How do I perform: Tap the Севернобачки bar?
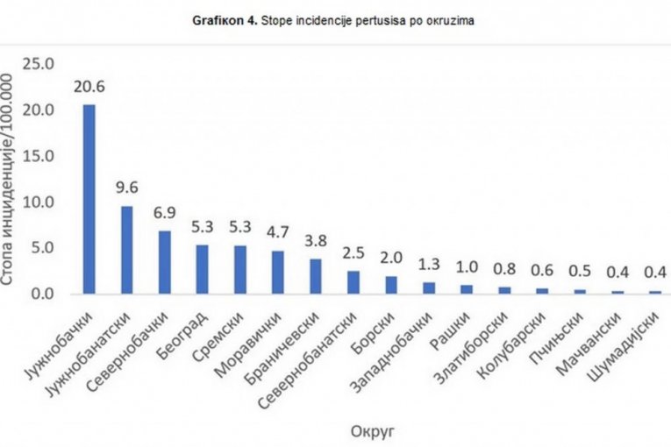[164, 262]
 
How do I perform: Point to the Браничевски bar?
[315, 276]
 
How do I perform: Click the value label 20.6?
[89, 88]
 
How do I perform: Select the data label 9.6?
[126, 188]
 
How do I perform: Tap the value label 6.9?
[164, 213]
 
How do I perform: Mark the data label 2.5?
[353, 253]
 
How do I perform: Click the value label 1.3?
[428, 264]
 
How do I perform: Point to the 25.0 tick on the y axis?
[39, 65]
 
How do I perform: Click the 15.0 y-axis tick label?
[39, 156]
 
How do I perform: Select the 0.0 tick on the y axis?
[42, 294]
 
